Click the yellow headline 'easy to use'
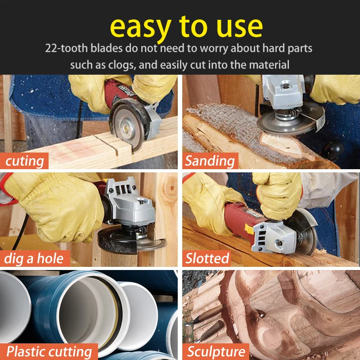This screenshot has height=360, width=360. [186, 27]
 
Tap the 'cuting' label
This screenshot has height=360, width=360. [24, 161]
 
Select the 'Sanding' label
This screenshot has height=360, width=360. [210, 161]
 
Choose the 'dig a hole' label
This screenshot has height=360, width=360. [34, 258]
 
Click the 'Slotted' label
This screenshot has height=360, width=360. [207, 258]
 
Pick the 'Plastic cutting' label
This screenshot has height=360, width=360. [49, 352]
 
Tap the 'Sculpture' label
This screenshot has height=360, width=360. [216, 352]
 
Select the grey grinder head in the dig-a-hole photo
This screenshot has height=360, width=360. [129, 202]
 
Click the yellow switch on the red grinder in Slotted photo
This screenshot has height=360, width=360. [249, 229]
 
